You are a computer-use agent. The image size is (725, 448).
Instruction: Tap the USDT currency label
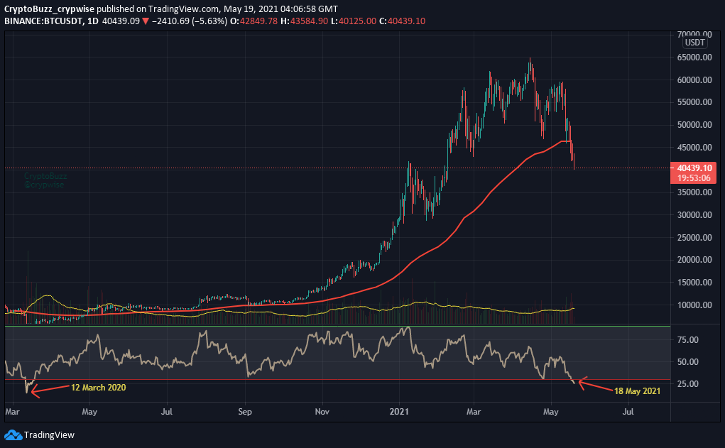click(x=694, y=43)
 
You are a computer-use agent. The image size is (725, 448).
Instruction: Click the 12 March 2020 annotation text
click(x=99, y=388)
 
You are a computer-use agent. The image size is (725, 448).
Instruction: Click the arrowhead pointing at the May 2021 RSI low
click(x=580, y=382)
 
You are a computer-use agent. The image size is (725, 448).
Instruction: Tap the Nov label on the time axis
click(x=322, y=411)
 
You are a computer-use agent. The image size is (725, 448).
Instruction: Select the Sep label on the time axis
click(x=245, y=411)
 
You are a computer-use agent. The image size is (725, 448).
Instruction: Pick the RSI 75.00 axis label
click(x=687, y=340)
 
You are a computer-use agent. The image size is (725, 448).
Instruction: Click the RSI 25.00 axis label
click(x=687, y=384)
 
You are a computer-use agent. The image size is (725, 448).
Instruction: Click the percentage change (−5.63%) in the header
click(x=209, y=21)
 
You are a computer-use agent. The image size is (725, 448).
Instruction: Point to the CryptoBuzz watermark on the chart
click(x=44, y=180)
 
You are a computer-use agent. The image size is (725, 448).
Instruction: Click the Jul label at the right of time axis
click(x=628, y=411)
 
